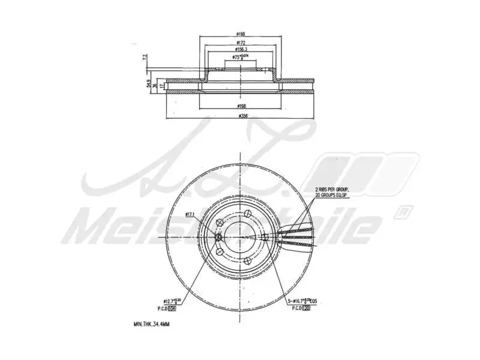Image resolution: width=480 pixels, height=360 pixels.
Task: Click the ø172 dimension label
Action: pyautogui.click(x=240, y=43)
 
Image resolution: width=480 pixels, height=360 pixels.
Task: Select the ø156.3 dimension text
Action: pyautogui.click(x=240, y=50)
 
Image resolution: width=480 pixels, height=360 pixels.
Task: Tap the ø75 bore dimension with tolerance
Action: pyautogui.click(x=240, y=58)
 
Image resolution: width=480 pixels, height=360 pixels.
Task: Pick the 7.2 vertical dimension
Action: pyautogui.click(x=145, y=58)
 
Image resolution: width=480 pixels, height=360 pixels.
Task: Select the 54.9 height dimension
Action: pyautogui.click(x=148, y=85)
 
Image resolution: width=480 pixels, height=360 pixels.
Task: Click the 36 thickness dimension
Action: pyautogui.click(x=155, y=85)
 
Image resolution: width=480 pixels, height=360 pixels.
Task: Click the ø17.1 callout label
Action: pyautogui.click(x=191, y=214)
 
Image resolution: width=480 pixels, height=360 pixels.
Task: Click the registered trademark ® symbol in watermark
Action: pyautogui.click(x=404, y=212)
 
